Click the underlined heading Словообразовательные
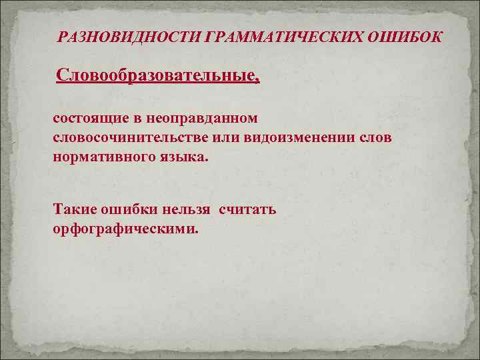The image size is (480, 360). click(x=155, y=75)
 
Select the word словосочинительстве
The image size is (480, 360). click(x=137, y=138)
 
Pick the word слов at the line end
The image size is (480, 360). click(x=377, y=138)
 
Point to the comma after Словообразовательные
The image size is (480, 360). click(x=257, y=81)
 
